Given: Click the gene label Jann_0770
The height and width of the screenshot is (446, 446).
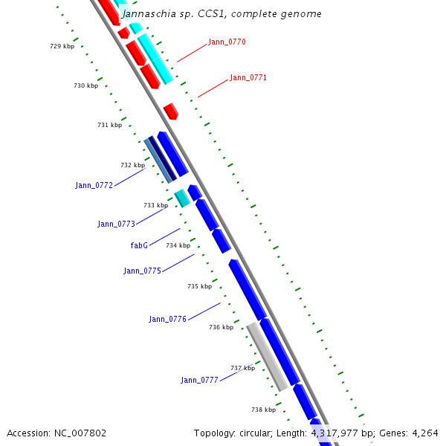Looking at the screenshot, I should point(227,42).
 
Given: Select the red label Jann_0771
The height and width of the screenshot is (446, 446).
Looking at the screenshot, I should point(248,77).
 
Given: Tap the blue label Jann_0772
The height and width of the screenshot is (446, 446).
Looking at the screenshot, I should point(94,185).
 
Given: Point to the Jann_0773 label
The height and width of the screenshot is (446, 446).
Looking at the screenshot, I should point(116,224).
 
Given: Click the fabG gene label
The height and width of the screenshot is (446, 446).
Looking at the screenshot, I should point(139,245).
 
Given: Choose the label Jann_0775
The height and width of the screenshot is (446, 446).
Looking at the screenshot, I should point(142,271).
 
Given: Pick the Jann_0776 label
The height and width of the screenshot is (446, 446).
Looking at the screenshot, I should point(167,319).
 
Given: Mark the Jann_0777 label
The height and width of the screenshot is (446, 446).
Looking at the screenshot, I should point(199,380).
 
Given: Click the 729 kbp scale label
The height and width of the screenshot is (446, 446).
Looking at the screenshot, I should point(62,46).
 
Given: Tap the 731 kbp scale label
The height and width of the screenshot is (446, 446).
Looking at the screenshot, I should point(109,125).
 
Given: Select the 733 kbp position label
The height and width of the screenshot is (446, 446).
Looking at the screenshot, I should point(155,205).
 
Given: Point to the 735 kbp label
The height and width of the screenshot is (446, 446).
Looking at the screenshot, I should point(199,286).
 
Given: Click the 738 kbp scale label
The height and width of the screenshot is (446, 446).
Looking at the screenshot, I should point(263,410).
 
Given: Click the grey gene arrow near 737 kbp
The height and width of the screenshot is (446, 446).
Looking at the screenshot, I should point(268,357).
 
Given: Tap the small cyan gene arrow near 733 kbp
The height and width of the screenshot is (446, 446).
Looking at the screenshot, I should point(182,198).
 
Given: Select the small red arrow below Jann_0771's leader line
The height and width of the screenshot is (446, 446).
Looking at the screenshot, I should point(171,111).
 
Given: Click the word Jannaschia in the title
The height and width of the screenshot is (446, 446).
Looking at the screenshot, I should point(144,13).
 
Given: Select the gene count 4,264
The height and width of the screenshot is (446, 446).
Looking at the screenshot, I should point(424,433).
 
